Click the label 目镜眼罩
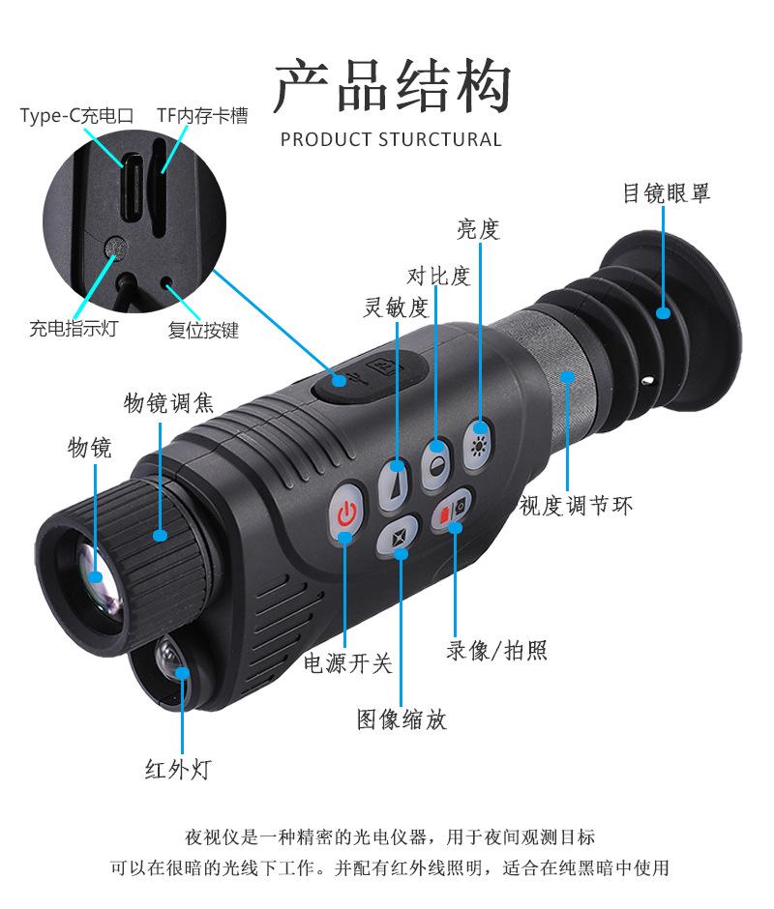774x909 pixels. coord(666,193)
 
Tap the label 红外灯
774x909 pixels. coord(178,769)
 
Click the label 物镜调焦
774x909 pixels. coord(168,401)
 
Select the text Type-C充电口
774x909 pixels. coord(76,116)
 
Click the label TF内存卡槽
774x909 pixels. coord(202,116)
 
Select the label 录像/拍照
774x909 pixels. coord(496,650)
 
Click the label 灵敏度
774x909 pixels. coord(395,308)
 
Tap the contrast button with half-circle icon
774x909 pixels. coord(437,451)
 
